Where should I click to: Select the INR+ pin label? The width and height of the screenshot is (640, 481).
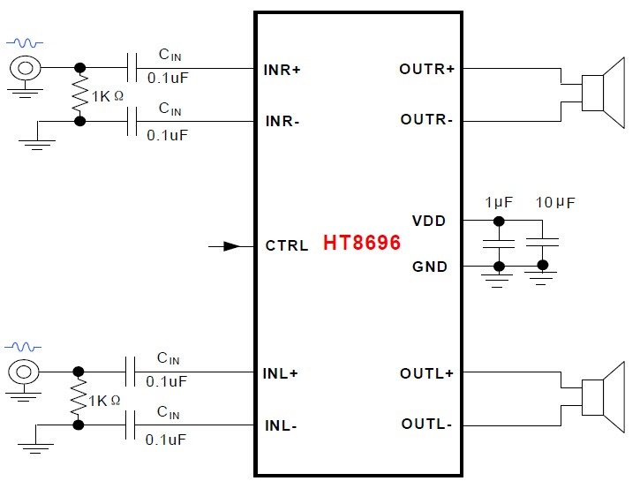point(282,69)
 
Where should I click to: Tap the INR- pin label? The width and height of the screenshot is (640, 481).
point(282,121)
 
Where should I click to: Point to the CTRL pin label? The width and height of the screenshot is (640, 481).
point(287,246)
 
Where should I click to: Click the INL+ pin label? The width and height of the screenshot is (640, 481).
point(282,372)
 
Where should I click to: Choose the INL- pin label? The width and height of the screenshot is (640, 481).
point(281,425)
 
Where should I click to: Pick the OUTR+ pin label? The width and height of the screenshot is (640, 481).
point(426,69)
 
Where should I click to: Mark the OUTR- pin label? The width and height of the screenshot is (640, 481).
point(426,119)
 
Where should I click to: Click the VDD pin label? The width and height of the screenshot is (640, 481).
point(429,221)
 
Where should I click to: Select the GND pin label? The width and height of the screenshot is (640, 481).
point(430,267)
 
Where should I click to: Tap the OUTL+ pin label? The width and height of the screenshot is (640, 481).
point(426,373)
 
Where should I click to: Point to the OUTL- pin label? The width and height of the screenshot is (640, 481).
point(426,425)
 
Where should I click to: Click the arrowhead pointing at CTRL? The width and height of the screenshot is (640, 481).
point(231,246)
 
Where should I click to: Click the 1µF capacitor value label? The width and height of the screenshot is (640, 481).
point(499,202)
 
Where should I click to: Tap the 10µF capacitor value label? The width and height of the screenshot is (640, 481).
point(555,202)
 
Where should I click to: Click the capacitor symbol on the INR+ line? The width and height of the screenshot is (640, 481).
point(133,68)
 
